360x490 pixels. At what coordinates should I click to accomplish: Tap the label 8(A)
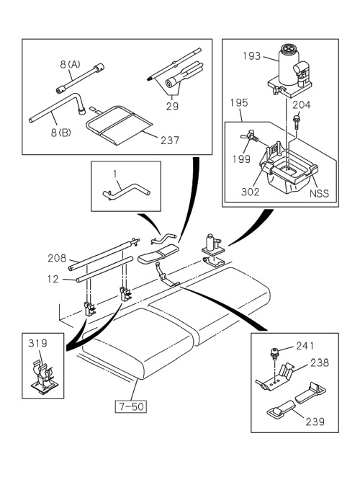[68, 65]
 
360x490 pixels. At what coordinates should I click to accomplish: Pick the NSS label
[318, 194]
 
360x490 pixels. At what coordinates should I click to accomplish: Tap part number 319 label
[37, 344]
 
